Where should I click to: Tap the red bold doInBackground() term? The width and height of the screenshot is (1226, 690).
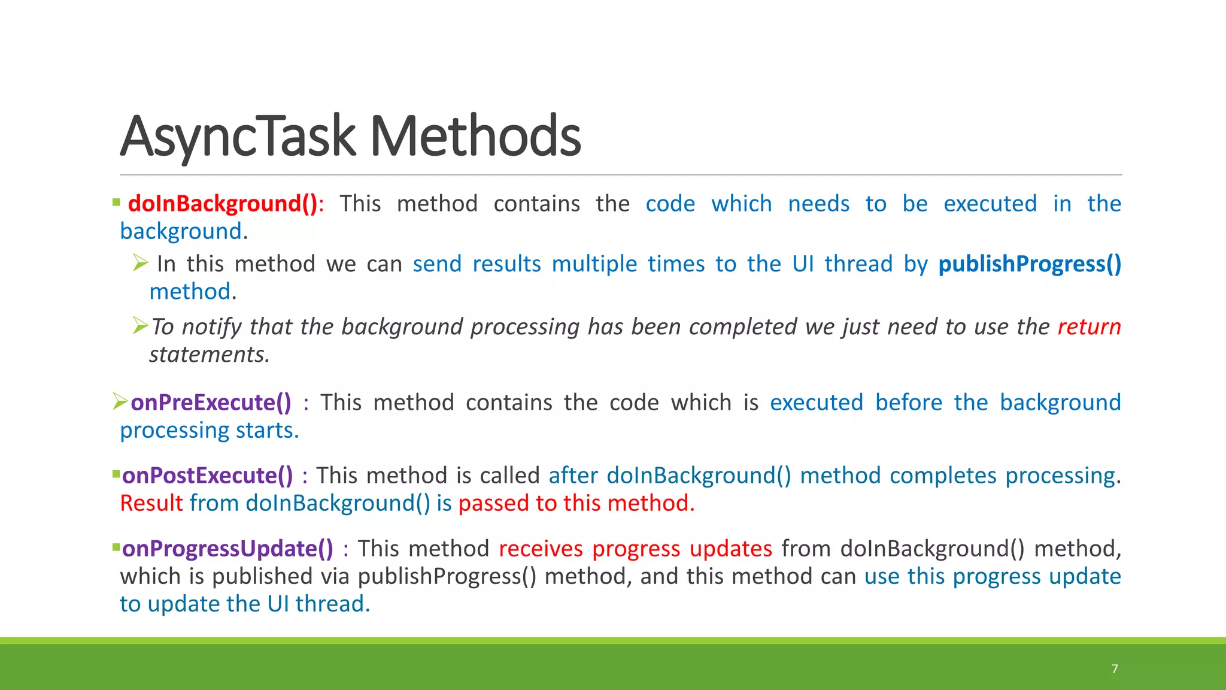(223, 204)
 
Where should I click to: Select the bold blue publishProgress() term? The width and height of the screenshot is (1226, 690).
(1029, 264)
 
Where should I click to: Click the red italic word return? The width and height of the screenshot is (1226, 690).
(1088, 327)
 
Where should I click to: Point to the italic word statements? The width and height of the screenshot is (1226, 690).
(208, 355)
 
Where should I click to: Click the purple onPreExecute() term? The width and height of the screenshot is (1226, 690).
(211, 402)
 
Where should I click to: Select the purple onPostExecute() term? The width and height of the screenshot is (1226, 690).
(207, 476)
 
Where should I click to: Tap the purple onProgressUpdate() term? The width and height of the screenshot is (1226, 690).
(227, 549)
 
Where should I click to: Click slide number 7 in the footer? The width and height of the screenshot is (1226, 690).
(1115, 668)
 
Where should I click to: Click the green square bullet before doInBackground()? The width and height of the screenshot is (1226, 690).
(116, 203)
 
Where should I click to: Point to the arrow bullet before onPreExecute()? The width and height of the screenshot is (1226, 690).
(120, 401)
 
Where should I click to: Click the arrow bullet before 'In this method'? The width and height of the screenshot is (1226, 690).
(140, 262)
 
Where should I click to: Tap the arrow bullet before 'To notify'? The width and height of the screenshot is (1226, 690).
(140, 325)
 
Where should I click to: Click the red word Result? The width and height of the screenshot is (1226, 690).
(151, 503)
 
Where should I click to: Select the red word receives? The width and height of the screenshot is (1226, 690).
(541, 549)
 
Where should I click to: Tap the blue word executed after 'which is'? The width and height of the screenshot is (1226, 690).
(816, 402)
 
